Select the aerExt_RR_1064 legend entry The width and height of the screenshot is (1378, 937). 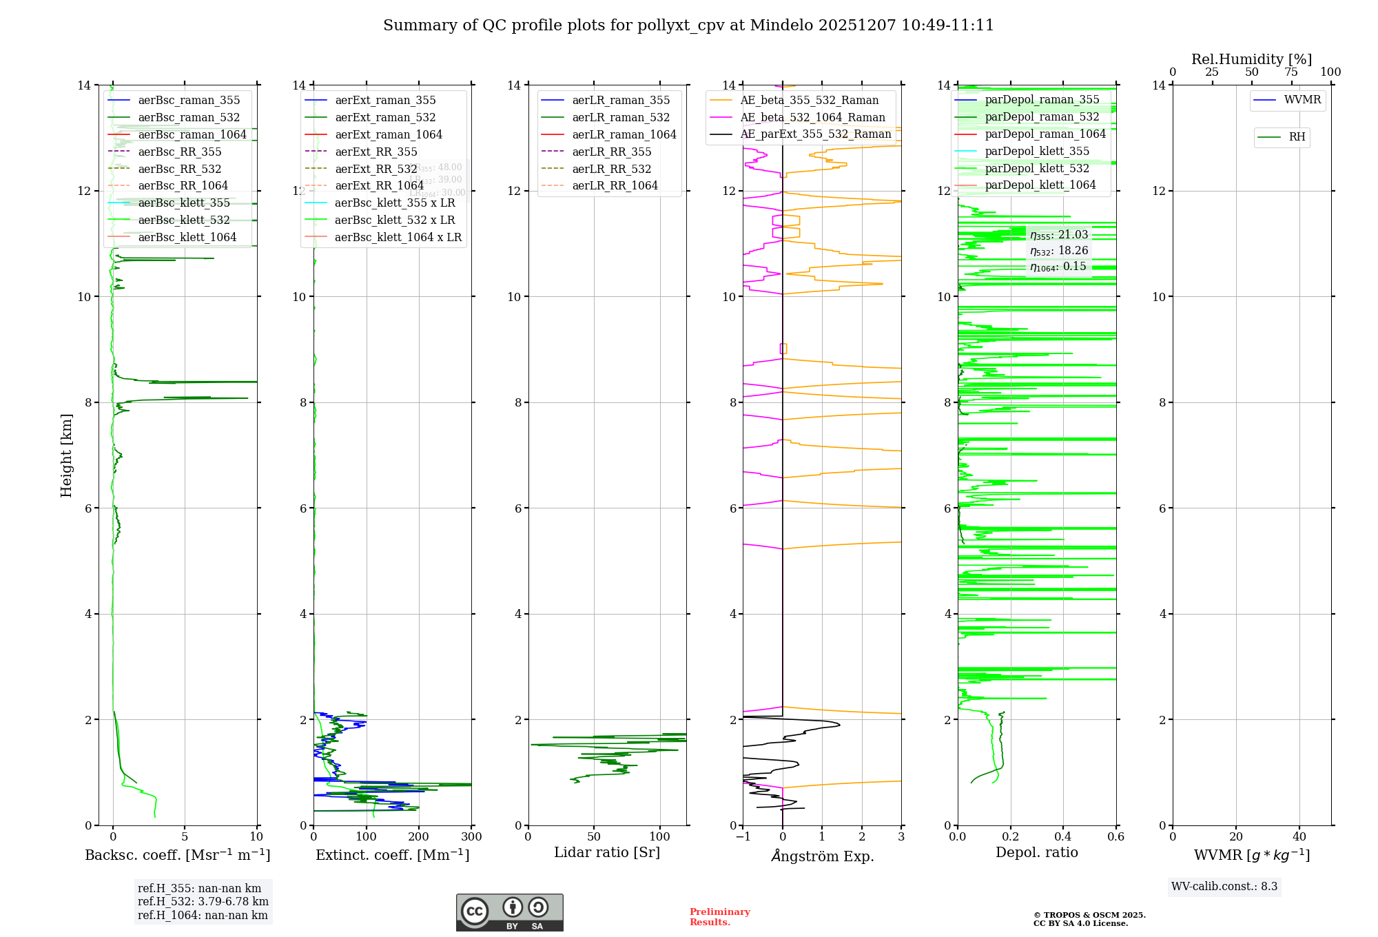379,186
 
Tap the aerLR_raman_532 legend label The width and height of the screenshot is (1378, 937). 621,118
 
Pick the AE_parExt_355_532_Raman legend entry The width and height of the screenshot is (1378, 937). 816,134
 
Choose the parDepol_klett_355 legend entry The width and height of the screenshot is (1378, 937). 1037,152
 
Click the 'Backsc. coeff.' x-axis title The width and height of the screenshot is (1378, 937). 177,855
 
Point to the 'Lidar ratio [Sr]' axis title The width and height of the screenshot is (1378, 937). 607,852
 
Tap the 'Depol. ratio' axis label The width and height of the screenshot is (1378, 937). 1036,852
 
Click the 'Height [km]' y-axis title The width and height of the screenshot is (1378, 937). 66,455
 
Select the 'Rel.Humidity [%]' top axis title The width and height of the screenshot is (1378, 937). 1251,59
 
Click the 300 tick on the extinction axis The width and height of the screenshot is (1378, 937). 471,837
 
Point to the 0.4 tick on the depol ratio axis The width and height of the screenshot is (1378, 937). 1063,837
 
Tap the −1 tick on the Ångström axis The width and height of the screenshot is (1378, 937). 742,837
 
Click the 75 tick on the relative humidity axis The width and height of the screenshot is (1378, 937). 1290,72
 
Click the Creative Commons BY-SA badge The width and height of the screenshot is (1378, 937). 509,913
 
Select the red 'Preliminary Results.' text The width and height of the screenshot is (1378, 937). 719,917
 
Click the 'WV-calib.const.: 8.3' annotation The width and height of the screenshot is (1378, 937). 1224,887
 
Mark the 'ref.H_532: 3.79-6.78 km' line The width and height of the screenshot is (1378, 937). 203,902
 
